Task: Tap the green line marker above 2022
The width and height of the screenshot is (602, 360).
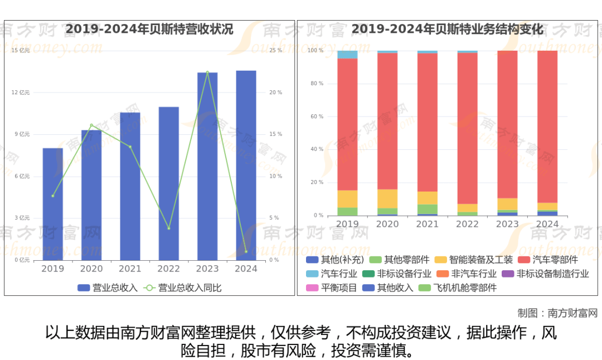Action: (x=169, y=228)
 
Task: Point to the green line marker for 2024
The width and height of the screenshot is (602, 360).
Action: (x=246, y=251)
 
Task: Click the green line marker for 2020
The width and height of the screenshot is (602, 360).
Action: (x=91, y=125)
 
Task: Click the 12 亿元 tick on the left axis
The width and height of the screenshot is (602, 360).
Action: (x=21, y=93)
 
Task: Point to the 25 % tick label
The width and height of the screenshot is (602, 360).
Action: (x=275, y=51)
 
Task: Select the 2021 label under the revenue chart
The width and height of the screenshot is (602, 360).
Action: (x=130, y=269)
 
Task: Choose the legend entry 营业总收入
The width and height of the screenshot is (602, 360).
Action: (x=108, y=288)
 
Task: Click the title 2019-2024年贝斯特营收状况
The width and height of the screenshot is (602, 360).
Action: (x=149, y=29)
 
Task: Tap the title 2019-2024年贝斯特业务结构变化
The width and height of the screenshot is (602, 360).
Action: (x=448, y=29)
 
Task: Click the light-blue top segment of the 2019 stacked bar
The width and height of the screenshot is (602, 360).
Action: (x=347, y=55)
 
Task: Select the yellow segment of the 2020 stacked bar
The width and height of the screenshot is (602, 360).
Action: (x=387, y=198)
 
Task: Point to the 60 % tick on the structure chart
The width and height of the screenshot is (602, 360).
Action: (x=316, y=116)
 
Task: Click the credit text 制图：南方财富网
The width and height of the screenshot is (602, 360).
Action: (x=557, y=313)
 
